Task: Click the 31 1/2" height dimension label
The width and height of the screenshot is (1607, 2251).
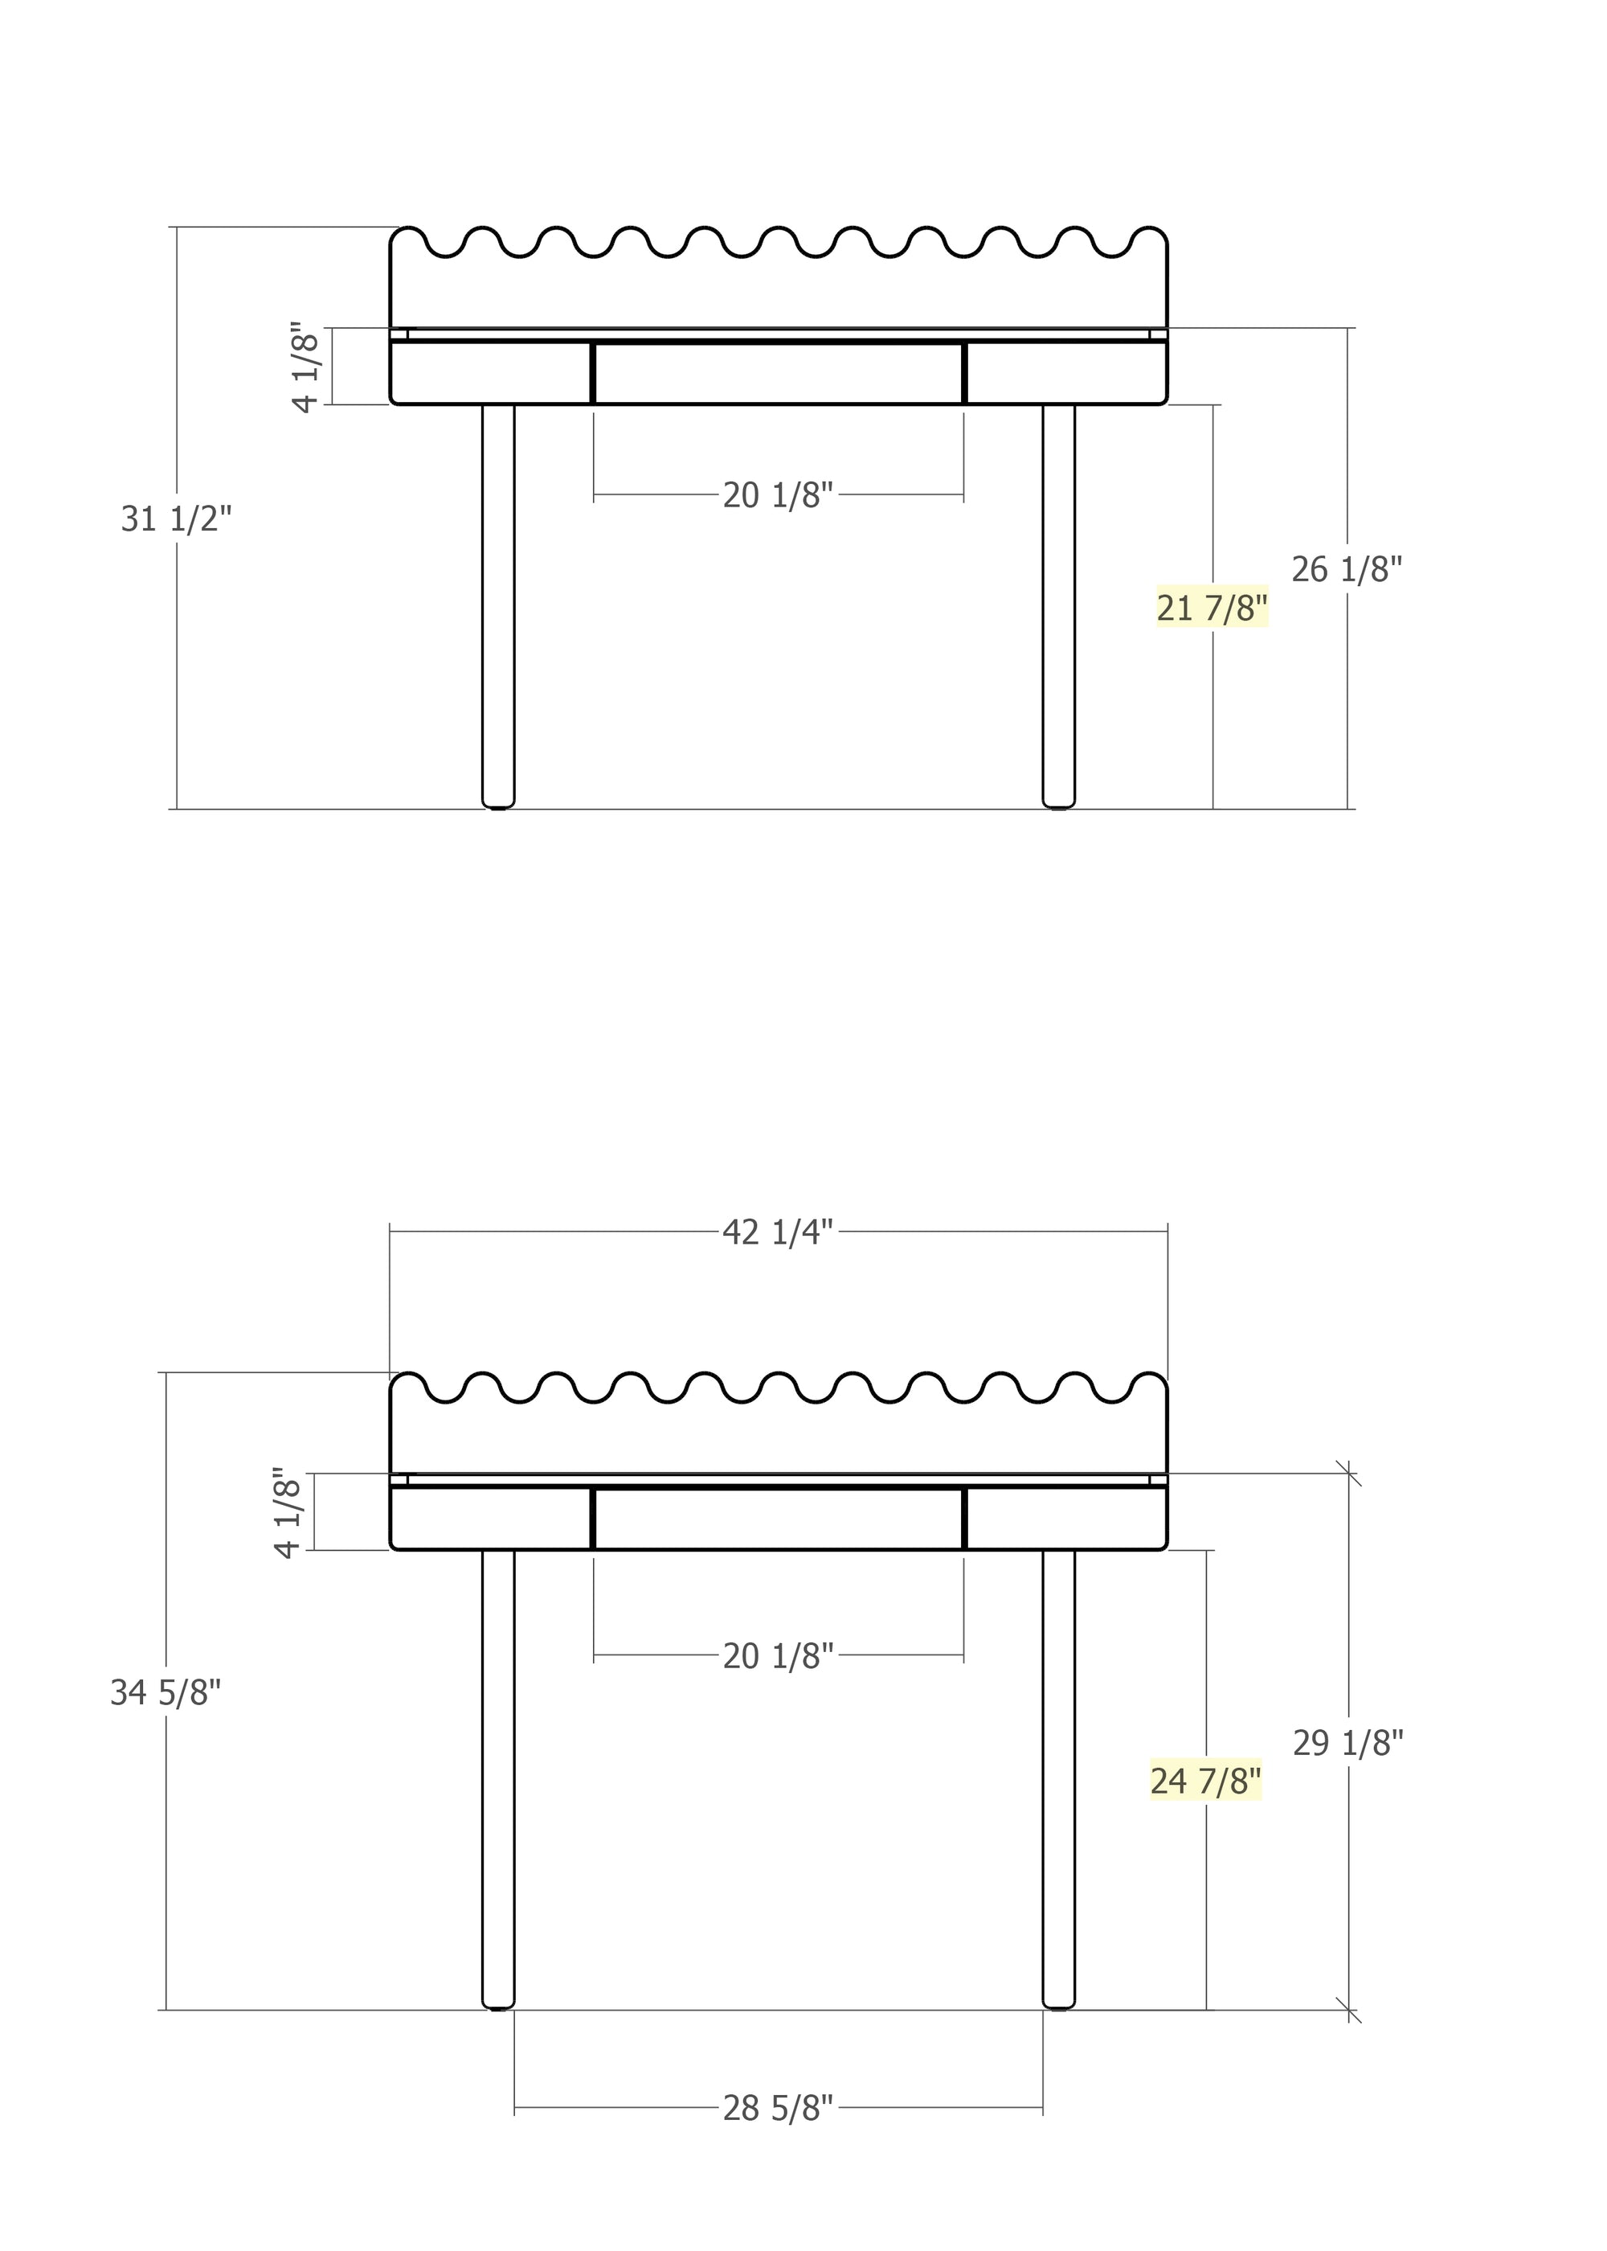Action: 176,519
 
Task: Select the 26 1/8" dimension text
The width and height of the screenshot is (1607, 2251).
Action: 1346,569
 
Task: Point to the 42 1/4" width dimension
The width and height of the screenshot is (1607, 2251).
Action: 778,1232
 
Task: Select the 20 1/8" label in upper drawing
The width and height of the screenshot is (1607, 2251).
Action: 778,495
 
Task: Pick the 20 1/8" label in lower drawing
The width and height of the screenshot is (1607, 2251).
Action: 778,1656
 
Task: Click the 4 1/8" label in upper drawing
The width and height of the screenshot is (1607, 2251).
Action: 307,367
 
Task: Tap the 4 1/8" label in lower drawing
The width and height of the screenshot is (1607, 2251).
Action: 288,1512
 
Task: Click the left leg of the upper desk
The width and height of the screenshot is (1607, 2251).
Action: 497,604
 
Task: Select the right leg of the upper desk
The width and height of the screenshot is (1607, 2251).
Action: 1059,604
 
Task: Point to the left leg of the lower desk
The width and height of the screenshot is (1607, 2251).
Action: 497,1782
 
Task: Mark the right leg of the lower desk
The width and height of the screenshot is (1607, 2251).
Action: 1059,1782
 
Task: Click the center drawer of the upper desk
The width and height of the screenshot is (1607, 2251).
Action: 778,373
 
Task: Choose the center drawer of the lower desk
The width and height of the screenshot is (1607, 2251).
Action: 778,1519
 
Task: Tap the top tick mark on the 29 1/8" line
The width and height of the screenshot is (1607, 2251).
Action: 1347,1473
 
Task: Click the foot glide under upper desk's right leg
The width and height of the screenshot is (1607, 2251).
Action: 1059,809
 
